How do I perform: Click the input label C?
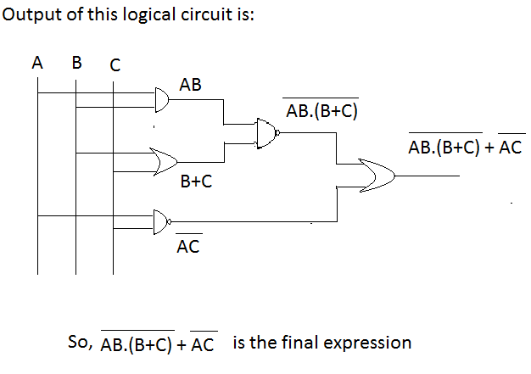pyautogui.click(x=115, y=64)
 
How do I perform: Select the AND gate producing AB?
pyautogui.click(x=160, y=101)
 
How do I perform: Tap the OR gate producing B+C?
pyautogui.click(x=163, y=160)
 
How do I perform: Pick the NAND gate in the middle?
pyautogui.click(x=267, y=133)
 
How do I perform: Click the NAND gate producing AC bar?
pyautogui.click(x=160, y=221)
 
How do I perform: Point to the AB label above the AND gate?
pyautogui.click(x=190, y=85)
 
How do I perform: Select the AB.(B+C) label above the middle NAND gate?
pyautogui.click(x=321, y=109)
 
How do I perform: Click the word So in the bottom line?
pyautogui.click(x=77, y=343)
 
